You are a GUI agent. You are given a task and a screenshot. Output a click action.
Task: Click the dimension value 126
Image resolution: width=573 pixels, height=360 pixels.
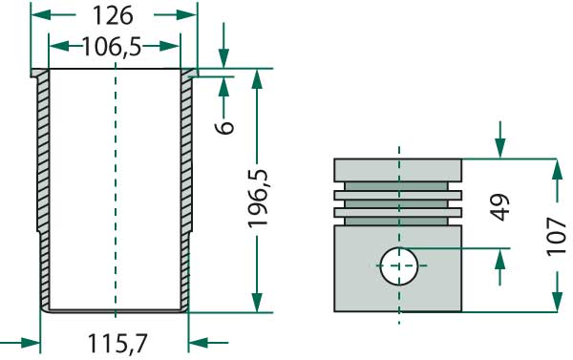(x=114, y=16)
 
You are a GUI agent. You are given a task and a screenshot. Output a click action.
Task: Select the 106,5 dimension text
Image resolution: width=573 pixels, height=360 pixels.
(x=115, y=47)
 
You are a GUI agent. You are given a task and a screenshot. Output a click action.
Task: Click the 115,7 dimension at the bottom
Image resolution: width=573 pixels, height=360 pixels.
(x=115, y=341)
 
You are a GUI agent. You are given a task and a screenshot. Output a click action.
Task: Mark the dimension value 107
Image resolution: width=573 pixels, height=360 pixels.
(x=558, y=234)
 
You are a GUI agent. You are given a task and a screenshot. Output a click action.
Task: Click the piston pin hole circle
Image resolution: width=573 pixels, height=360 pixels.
(x=399, y=265)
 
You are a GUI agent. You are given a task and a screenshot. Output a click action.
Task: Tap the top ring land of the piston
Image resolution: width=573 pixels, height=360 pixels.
(x=397, y=170)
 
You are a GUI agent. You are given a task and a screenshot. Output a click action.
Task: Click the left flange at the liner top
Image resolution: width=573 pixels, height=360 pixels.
(x=39, y=74)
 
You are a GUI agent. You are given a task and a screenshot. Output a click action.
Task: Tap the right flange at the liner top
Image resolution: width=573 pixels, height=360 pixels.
(x=189, y=74)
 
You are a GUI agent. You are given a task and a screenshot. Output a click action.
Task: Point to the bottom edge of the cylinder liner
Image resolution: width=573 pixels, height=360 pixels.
(x=114, y=309)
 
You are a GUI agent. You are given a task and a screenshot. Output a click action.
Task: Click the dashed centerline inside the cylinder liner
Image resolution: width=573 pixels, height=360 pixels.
(x=114, y=191)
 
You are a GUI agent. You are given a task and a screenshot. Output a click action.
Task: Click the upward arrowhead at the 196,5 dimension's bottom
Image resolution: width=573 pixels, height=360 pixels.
(x=257, y=304)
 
